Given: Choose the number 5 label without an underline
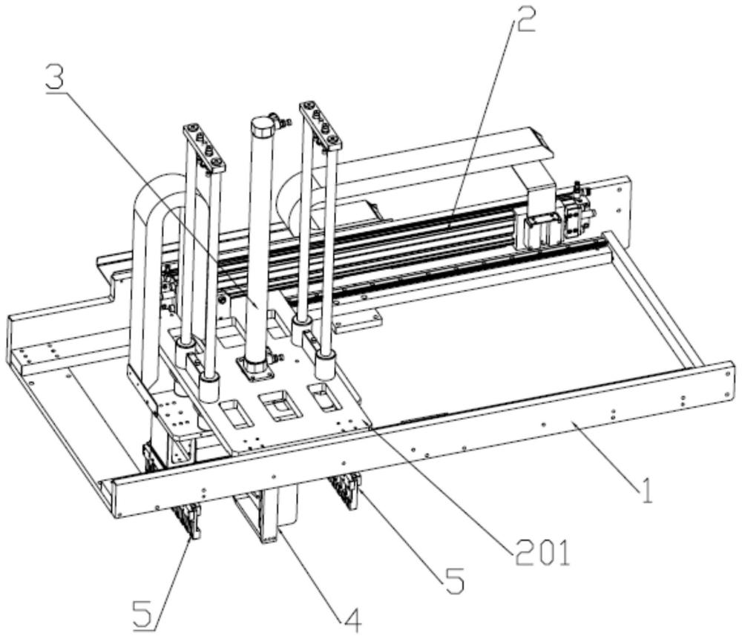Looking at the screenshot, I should point(454,581).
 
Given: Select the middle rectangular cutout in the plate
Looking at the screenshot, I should point(275,404).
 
